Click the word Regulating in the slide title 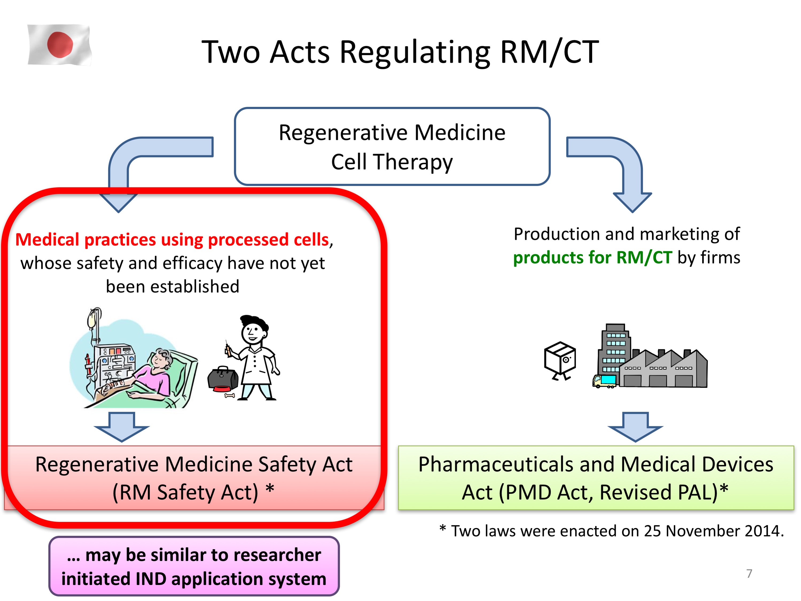click(x=415, y=53)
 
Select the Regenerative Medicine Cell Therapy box click(x=392, y=146)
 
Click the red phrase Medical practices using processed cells click(x=172, y=239)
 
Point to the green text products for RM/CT click(x=592, y=258)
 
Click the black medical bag click(x=223, y=379)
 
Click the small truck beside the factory click(x=604, y=381)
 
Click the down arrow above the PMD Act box click(x=635, y=427)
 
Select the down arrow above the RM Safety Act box click(x=122, y=427)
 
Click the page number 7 click(x=749, y=573)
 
